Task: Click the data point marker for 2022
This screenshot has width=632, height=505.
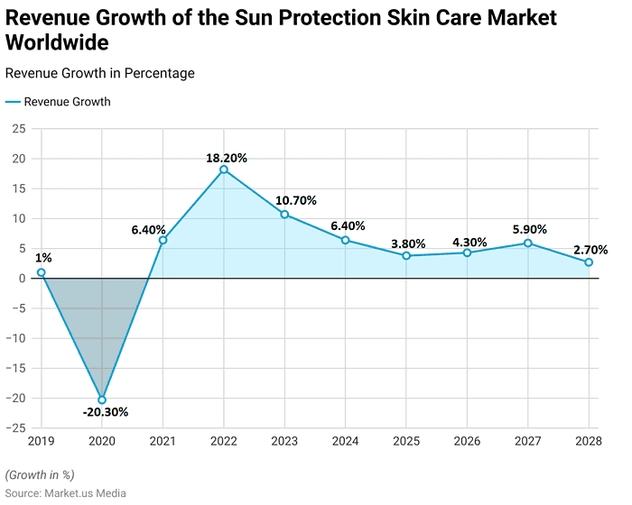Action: pos(224,170)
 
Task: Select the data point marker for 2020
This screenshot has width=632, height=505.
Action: pos(102,399)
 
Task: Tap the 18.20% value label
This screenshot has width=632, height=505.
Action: pos(226,158)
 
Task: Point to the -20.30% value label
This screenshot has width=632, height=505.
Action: pos(106,412)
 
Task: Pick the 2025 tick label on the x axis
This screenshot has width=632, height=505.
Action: pos(406,442)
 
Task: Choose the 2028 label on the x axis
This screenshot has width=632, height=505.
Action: pos(589,442)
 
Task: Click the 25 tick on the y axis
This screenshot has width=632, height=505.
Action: pos(19,129)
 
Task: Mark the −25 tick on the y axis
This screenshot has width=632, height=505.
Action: pos(16,428)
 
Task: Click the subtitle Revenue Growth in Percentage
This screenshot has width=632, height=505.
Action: pos(99,73)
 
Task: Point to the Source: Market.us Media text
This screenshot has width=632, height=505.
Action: pos(65,492)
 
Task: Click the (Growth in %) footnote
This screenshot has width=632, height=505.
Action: pos(40,474)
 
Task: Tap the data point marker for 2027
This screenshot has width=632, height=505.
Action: pos(528,243)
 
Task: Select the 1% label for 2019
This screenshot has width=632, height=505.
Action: pos(43,258)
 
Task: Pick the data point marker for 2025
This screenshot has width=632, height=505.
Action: pos(406,255)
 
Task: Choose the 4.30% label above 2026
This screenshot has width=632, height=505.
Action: pos(469,242)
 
